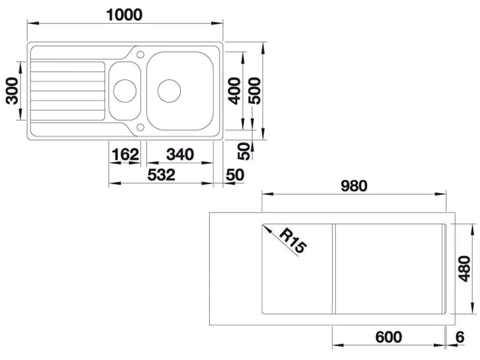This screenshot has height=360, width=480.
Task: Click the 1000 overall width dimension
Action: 124,15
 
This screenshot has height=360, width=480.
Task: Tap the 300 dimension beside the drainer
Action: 12,91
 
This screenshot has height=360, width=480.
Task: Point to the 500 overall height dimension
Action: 254,91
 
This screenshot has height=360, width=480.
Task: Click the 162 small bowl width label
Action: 125,154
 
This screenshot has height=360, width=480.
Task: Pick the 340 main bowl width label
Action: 180,154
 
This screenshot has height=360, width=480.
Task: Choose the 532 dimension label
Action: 161,175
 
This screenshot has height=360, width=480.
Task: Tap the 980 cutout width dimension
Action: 354,186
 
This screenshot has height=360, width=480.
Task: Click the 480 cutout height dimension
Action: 464,269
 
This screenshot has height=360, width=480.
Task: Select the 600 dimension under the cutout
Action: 388,337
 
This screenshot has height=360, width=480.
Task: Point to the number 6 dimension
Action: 460,337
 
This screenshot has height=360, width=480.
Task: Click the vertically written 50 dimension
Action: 243,151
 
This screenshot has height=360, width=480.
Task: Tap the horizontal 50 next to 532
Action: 235,175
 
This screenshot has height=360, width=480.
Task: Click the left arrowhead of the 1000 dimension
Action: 33,23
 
